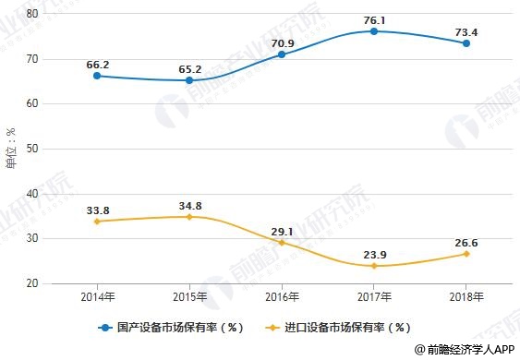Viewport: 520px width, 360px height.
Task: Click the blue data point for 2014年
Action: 96,76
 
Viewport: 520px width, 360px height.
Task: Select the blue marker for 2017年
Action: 374,31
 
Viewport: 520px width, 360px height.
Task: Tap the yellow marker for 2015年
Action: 189,217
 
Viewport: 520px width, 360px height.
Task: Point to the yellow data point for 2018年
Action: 466,254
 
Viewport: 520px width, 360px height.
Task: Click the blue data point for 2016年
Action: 282,54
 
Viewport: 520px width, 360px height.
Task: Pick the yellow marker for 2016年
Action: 282,242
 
